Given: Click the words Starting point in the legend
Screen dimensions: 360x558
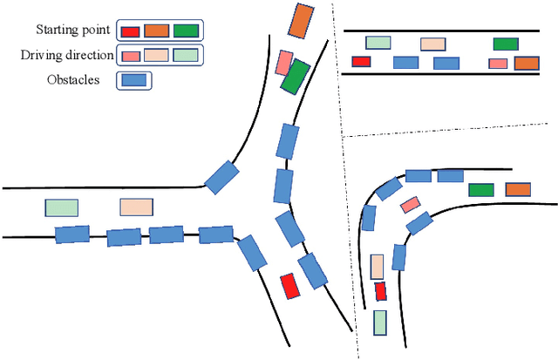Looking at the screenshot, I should point(73,31).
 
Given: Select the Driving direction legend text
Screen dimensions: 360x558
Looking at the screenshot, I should point(68,55).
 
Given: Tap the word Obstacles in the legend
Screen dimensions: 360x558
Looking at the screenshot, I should point(73,80).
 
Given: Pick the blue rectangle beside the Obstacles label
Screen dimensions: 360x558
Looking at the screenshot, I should point(133,80).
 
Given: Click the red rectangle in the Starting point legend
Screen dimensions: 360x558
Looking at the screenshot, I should point(130,31).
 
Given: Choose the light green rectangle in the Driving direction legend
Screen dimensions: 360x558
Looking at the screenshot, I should point(186,55).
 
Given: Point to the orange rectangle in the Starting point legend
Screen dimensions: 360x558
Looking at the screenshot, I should point(156,31).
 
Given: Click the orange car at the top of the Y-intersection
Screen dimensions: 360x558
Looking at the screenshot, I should point(300,20).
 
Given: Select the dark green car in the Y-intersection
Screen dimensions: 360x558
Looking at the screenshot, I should point(295,76).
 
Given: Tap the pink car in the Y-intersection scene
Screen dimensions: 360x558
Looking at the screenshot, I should point(284,63).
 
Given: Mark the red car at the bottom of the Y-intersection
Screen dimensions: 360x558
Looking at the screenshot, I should point(289,286).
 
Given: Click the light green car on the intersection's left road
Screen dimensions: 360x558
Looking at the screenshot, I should point(61,207).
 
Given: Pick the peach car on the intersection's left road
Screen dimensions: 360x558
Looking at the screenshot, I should point(135,207).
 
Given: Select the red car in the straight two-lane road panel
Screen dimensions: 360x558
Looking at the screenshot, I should point(360,61).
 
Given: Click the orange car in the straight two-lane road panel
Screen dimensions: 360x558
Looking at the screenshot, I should point(527,62).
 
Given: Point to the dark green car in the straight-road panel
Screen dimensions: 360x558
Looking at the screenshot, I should point(506,44).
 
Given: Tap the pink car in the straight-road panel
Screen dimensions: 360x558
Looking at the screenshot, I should point(498,63).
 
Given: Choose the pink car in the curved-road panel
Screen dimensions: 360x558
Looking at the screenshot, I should point(410,205).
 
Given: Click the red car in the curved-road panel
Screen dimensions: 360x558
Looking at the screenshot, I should point(380,292).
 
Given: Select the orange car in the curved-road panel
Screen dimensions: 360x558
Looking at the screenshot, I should point(518,189).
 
